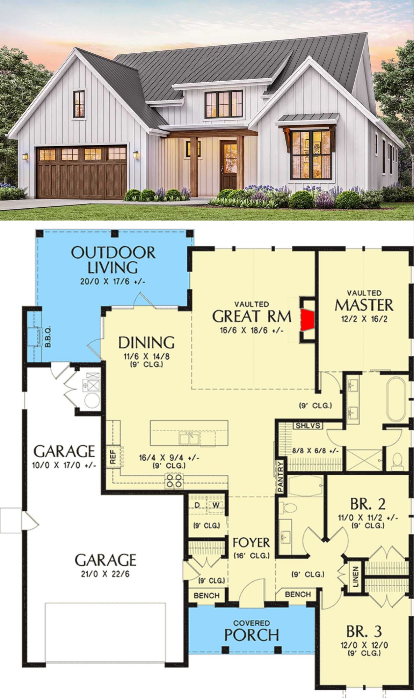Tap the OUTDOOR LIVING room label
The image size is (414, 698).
(x=113, y=260)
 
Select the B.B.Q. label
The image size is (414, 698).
(x=48, y=337)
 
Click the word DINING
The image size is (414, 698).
(x=146, y=343)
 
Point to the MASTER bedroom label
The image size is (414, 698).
(x=364, y=305)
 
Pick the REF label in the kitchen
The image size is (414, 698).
(x=113, y=456)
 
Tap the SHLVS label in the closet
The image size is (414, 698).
(x=308, y=426)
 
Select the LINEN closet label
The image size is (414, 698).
(x=356, y=577)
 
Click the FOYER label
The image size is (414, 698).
(x=251, y=543)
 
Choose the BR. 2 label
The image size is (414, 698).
(x=368, y=504)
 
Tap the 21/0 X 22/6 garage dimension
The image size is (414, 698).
(x=105, y=574)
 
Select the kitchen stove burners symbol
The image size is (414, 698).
(x=174, y=481)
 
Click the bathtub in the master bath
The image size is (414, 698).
(x=396, y=399)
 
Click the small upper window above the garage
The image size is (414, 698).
(x=79, y=104)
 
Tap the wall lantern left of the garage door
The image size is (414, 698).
(x=25, y=156)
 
